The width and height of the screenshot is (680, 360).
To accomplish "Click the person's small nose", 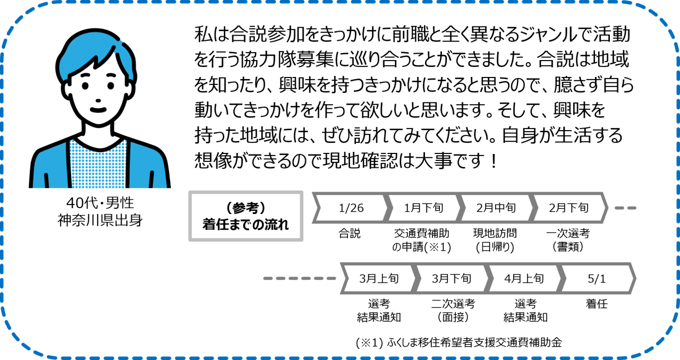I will (x=98, y=100).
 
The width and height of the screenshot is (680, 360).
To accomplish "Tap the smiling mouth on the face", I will (x=98, y=110).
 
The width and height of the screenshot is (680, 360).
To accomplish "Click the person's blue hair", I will (x=85, y=50).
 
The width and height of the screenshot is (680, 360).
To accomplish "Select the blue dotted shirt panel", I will (x=98, y=165).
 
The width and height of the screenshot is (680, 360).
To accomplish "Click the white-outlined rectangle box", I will (x=246, y=217).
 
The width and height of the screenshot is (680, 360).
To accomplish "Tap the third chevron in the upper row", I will (x=497, y=208).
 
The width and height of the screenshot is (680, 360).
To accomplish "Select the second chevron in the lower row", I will (x=452, y=278).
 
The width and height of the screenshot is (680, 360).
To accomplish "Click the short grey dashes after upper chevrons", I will (x=625, y=208).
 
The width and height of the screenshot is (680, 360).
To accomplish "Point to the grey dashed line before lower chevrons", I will (x=300, y=278).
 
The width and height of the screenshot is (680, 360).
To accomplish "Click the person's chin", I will (x=98, y=123).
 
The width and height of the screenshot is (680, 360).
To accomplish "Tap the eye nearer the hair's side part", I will (x=111, y=85).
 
